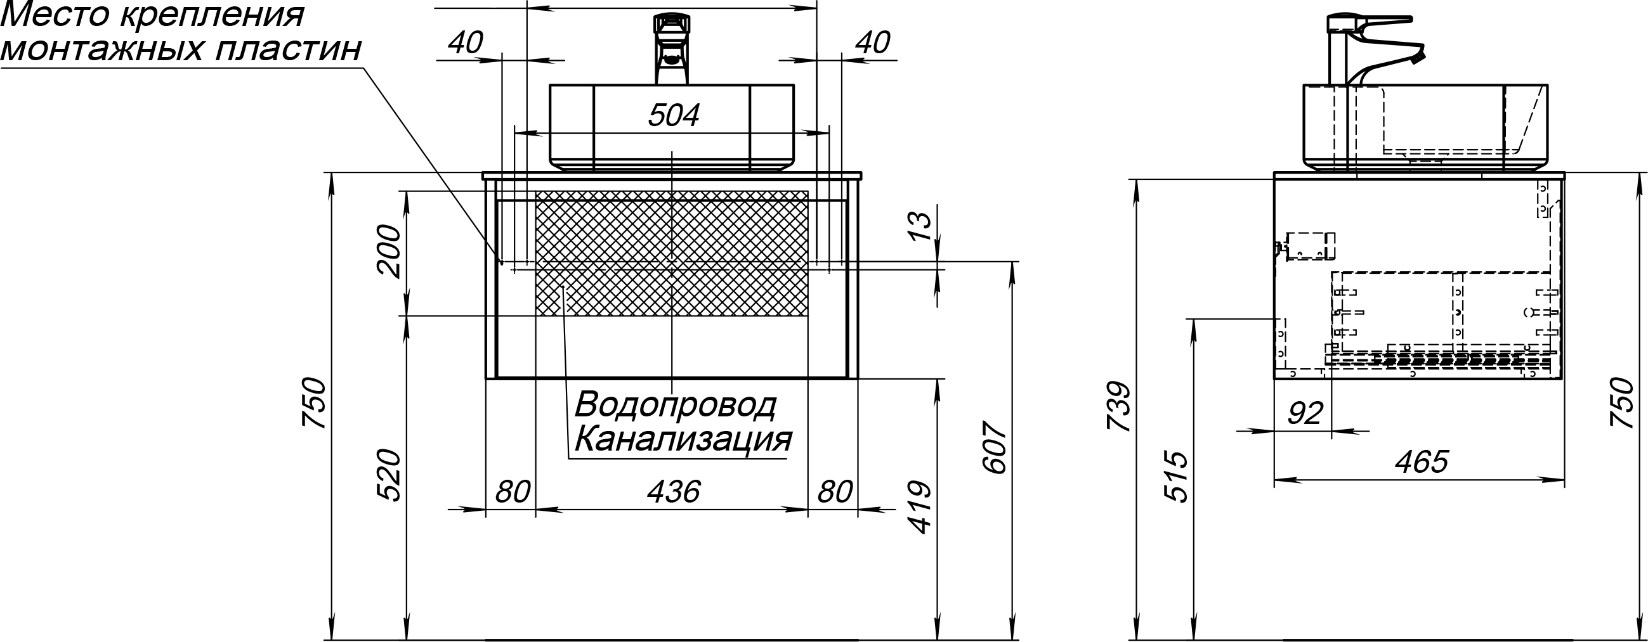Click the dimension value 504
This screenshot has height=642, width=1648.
point(674,116)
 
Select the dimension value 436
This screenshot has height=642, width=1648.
point(673,492)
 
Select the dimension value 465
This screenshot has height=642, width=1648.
point(1421,461)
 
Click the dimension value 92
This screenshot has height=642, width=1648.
point(1304,414)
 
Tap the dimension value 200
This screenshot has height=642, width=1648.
point(389,251)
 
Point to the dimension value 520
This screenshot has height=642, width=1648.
point(389,475)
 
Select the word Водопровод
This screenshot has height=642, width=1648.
point(676,405)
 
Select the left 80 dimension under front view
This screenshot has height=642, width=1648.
point(513,492)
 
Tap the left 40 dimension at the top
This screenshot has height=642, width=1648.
point(465,43)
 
